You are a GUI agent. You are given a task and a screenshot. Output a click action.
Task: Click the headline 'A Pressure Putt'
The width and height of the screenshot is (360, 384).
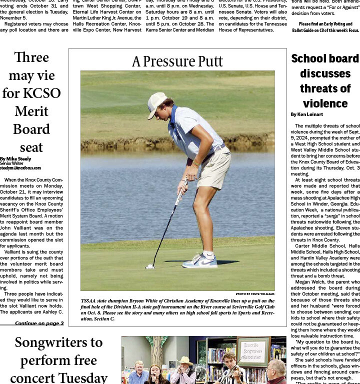click(x=177, y=61)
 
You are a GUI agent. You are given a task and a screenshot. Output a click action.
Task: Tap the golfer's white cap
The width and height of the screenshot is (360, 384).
click(x=156, y=104)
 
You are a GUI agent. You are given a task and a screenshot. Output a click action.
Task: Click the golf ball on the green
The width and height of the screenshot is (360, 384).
click(x=148, y=266)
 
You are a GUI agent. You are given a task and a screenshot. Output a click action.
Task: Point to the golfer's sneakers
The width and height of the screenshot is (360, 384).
click(x=200, y=260)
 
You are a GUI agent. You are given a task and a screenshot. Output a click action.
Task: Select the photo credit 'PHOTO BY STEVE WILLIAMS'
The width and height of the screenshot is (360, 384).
click(x=254, y=294)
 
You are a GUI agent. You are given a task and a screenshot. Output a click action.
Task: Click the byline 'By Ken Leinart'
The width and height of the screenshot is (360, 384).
click(x=307, y=114)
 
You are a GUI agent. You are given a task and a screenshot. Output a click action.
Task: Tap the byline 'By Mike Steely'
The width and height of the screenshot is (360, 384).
click(x=15, y=159)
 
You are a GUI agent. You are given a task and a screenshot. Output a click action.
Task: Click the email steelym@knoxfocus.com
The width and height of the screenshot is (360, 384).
click(x=20, y=168)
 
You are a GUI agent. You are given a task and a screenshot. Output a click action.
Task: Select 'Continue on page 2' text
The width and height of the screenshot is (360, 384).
click(x=39, y=323)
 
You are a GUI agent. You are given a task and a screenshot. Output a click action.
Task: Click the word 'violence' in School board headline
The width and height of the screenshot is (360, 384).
click(x=325, y=103)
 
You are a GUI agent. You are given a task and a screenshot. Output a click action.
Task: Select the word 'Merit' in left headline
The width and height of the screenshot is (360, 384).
click(x=31, y=111)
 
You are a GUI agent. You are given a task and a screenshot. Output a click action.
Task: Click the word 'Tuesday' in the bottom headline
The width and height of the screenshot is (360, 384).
click(x=84, y=377)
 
